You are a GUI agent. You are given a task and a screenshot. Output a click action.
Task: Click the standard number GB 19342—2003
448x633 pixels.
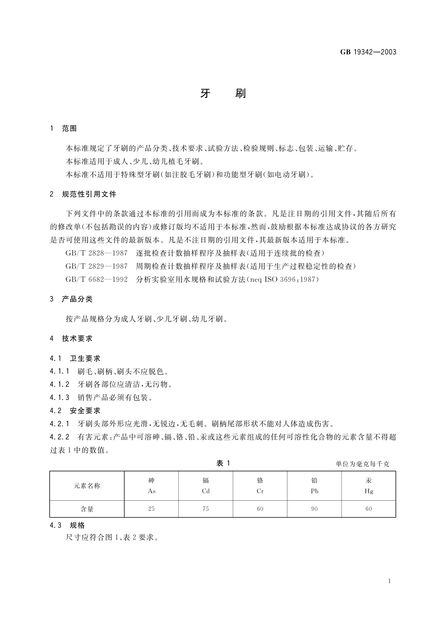coord(368,52)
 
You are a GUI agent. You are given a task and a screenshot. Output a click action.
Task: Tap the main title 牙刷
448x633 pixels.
coord(223,93)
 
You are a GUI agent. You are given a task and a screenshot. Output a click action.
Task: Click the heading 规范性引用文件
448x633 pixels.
coord(89,194)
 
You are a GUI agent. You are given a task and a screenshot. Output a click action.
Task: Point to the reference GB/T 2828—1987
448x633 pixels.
coord(96,253)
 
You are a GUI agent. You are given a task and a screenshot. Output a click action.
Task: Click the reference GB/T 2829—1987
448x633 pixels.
coord(96,266)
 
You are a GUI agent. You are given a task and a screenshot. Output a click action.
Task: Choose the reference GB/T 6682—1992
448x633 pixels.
coord(96,279)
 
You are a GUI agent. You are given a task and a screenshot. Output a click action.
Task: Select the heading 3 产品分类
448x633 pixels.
coord(71,299)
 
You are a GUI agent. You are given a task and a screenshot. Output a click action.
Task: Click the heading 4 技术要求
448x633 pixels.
coord(71,339)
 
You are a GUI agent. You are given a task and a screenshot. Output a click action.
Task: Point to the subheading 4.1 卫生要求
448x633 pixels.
coord(75,359)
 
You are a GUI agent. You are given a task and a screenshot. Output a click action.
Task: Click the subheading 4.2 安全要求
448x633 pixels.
coord(75,411)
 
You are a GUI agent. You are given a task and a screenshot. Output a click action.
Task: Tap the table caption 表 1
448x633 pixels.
coord(223,463)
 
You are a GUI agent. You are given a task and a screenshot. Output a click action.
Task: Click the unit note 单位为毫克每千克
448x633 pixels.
coord(362,464)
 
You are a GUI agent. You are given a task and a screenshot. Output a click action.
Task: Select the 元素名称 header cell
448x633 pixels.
coord(87,486)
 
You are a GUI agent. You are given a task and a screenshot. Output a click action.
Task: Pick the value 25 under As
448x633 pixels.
coord(151,509)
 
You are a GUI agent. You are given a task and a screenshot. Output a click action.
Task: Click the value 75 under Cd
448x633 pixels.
coord(206,509)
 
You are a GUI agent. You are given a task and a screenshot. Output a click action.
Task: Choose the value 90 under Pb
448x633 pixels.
coord(314,509)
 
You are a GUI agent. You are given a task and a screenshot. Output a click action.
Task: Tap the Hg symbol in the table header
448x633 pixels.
coord(369,491)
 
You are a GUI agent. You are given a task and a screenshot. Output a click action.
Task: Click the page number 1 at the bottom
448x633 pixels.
coord(389,581)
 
